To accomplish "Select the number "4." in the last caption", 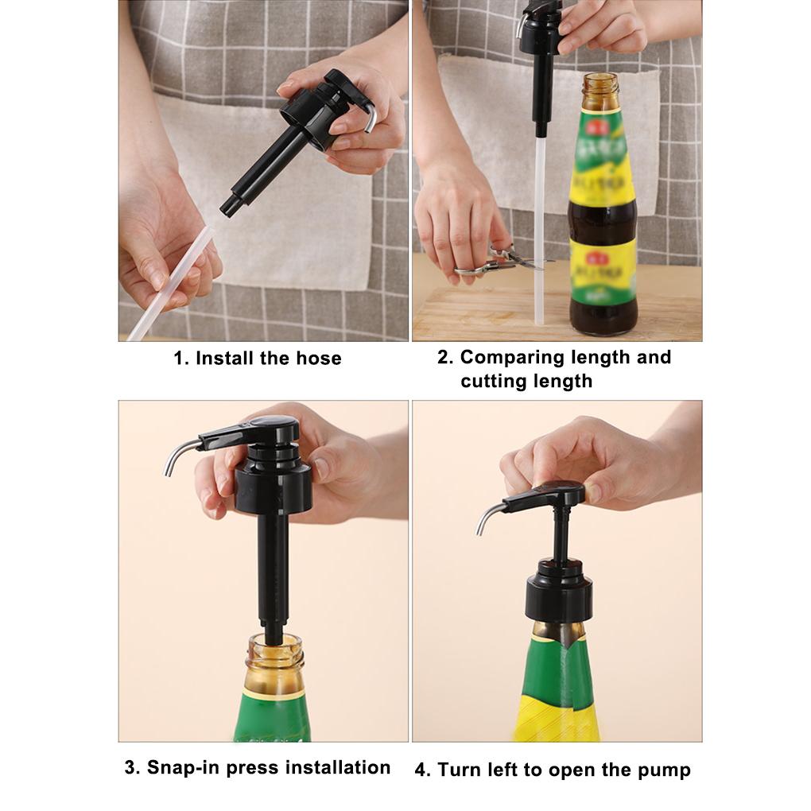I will tap(423, 770).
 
